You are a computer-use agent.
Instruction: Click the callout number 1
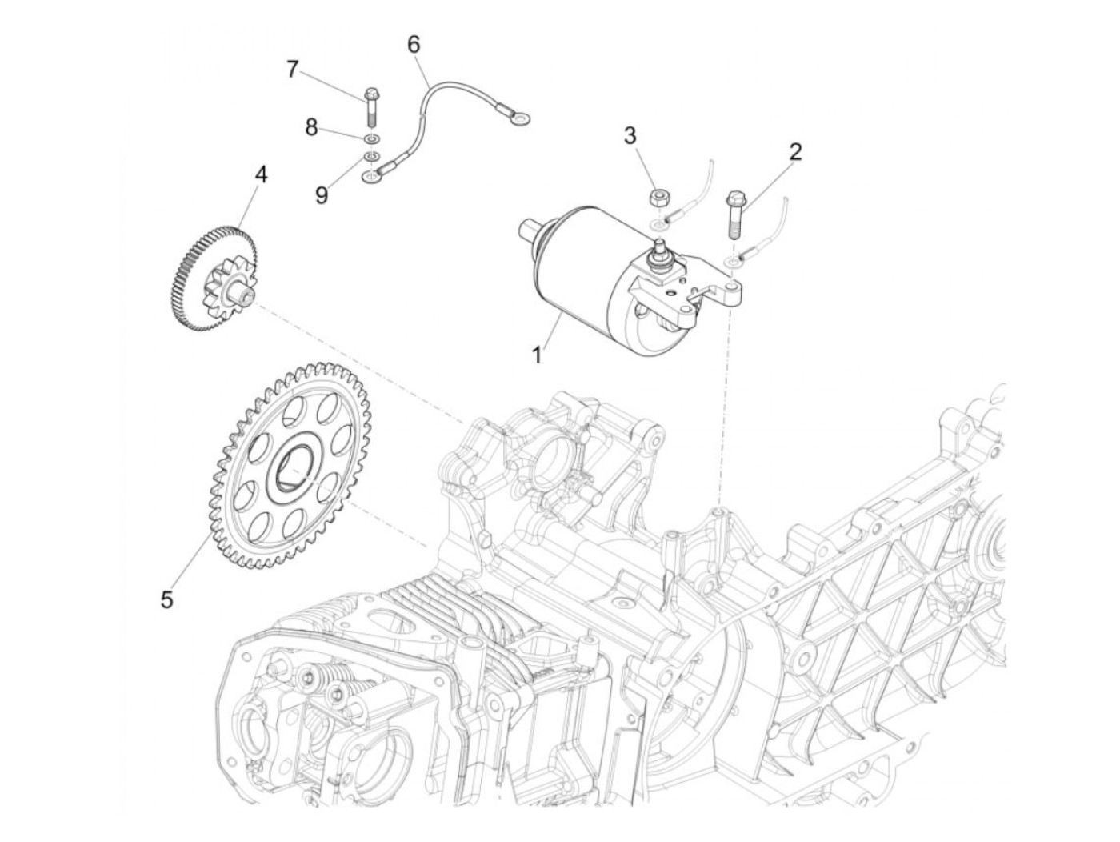[538, 354]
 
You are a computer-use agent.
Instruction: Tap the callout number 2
[794, 151]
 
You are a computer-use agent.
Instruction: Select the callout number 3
[630, 135]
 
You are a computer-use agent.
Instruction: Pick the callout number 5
[166, 599]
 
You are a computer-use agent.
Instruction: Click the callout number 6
[413, 45]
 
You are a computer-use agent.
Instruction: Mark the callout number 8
[311, 126]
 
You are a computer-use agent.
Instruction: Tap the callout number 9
[321, 194]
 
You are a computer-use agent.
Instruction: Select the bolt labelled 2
[734, 212]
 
